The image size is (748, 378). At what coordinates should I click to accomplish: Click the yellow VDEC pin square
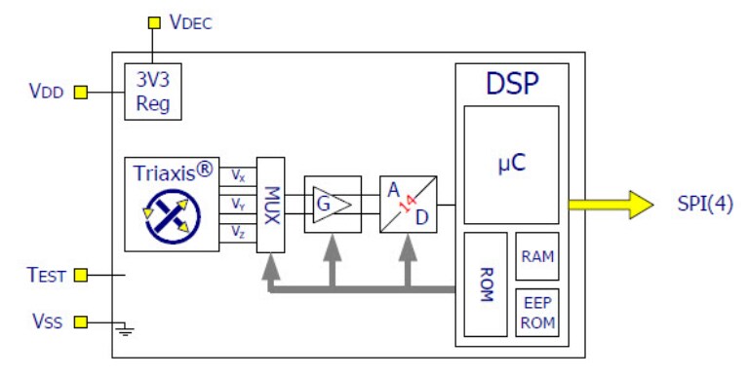point(153,22)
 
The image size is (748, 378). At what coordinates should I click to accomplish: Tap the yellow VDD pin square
point(81,93)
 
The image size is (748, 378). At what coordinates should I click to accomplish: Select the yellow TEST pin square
point(81,276)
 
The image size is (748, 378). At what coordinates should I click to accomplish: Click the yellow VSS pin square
point(81,321)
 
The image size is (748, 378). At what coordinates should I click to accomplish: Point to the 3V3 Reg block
point(153,93)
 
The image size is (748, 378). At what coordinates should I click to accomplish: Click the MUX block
point(271,205)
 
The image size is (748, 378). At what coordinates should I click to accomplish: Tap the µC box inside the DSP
point(511,165)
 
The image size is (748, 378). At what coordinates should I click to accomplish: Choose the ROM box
point(485,283)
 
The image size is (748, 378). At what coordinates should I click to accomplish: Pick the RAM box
point(536,256)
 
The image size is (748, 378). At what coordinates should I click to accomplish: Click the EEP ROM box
point(536,311)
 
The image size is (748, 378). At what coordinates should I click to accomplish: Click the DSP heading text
point(512,84)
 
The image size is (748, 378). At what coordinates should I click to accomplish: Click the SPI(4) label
point(704,205)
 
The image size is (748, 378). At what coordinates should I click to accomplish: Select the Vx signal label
point(239,175)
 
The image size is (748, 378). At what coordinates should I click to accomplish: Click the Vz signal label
point(239,232)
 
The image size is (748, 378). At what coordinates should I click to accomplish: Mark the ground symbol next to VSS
point(124,329)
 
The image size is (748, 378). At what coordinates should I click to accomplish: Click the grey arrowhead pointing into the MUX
point(271,268)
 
